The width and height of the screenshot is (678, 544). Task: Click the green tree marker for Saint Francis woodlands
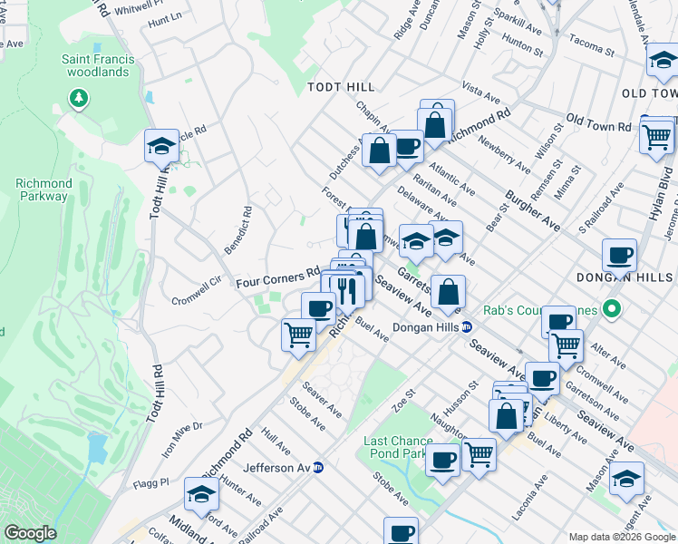click(80, 97)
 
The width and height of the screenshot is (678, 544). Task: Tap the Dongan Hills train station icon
click(467, 327)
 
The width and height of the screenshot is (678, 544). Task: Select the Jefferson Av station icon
click(318, 468)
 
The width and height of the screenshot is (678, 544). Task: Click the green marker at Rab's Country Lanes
click(612, 310)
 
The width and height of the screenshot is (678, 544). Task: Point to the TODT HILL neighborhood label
click(341, 87)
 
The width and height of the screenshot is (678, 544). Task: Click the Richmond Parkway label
click(43, 189)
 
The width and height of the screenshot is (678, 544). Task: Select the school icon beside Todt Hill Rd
click(162, 145)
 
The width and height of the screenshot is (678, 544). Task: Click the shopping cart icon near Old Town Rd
click(657, 137)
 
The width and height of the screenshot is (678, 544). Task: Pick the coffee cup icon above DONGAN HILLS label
click(619, 255)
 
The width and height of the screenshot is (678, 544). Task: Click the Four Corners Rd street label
click(277, 277)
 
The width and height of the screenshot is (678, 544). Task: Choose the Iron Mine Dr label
click(181, 437)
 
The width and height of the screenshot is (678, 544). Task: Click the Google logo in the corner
click(29, 533)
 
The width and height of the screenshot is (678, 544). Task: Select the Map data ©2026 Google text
click(622, 537)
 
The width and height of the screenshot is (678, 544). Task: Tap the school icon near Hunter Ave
click(201, 495)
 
